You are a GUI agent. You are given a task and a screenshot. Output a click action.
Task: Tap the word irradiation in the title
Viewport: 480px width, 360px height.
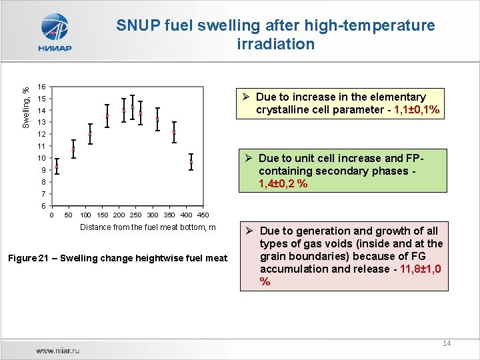275,44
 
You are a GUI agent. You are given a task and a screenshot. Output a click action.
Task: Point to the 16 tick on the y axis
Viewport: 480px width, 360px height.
41,87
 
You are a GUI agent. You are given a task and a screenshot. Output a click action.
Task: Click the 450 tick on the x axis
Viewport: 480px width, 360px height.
203,215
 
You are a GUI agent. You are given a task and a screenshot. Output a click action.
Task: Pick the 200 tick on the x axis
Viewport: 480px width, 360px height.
119,215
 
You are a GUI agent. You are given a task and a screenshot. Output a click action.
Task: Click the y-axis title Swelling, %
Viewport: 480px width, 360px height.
25,107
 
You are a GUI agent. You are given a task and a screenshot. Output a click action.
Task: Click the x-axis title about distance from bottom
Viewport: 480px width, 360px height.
148,227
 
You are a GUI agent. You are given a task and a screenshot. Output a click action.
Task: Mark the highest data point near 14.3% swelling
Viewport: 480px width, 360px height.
133,107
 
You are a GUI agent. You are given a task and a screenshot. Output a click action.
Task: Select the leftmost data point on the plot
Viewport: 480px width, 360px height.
57,167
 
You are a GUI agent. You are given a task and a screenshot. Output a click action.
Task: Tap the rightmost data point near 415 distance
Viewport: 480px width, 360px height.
191,161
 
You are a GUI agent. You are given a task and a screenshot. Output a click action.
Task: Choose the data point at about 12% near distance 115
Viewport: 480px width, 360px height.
90,133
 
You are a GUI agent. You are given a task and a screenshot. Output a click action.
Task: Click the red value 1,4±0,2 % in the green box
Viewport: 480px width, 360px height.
283,183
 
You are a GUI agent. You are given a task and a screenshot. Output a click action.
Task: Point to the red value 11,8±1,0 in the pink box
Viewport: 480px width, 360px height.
413,269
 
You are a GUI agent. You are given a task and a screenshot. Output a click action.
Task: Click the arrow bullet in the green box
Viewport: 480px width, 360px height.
247,158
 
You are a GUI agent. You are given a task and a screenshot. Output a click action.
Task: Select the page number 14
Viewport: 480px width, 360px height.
446,343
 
